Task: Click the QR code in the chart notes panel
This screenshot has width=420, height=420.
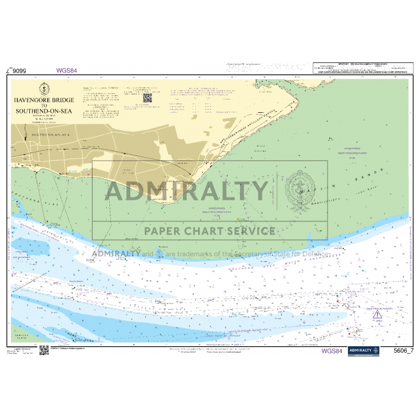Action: tap(148, 97)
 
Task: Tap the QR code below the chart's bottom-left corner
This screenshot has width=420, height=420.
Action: tap(44, 350)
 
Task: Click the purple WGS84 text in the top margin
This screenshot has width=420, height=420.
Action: tap(67, 70)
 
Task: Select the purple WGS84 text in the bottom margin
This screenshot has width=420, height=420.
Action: tap(332, 351)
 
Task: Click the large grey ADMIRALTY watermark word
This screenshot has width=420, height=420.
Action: tap(187, 191)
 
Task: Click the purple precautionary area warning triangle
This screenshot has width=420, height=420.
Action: tap(376, 314)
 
